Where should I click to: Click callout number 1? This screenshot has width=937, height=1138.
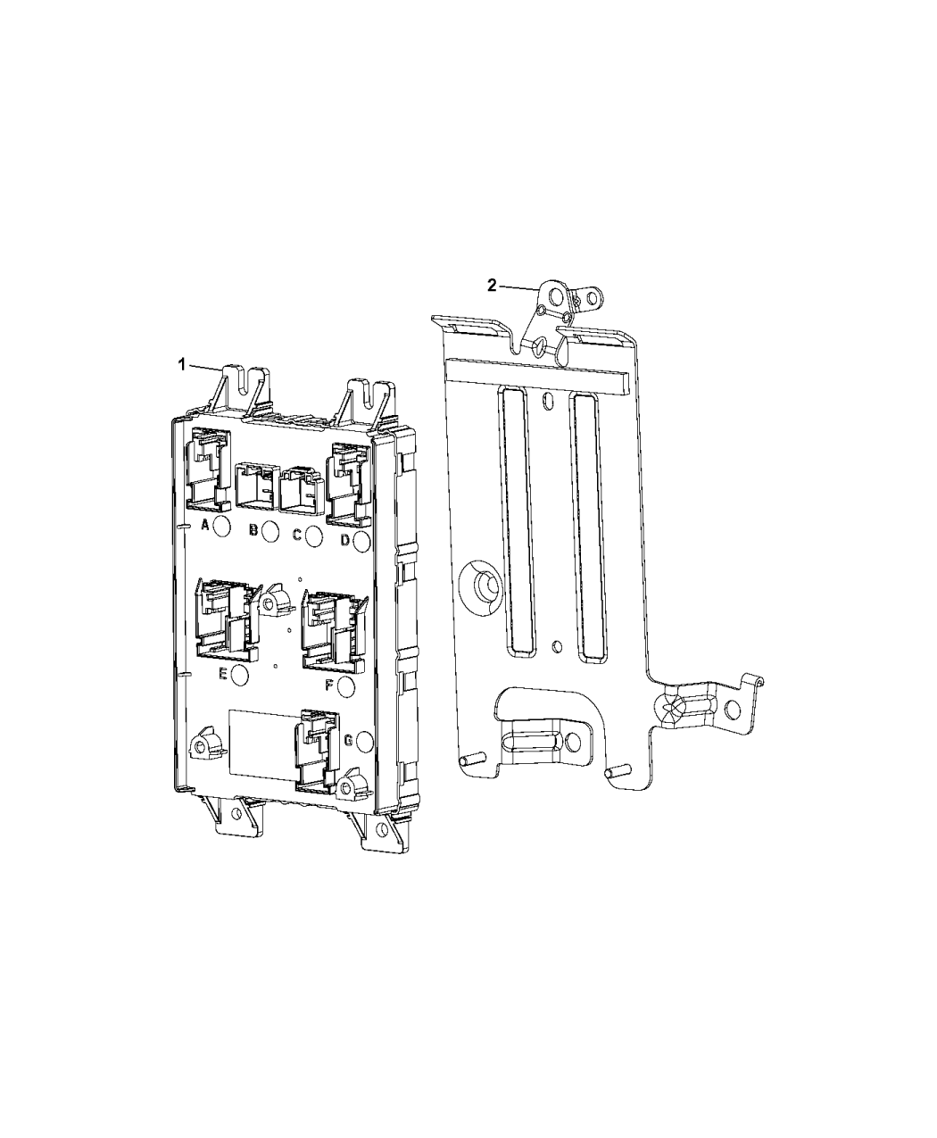181,364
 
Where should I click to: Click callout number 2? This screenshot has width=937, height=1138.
492,286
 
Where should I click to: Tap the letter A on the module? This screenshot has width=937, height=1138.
204,525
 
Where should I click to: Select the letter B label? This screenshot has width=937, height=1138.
253,531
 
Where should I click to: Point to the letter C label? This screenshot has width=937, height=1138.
296,535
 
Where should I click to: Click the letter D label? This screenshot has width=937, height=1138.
344,539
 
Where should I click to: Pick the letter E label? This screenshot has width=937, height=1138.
222,673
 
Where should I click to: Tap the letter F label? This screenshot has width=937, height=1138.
328,685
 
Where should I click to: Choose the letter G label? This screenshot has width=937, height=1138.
347,740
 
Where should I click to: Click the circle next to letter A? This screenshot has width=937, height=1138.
222,525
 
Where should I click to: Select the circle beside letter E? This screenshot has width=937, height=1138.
239,675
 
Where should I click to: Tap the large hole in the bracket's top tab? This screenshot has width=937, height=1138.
555,294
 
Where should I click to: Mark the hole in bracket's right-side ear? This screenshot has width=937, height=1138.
733,710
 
